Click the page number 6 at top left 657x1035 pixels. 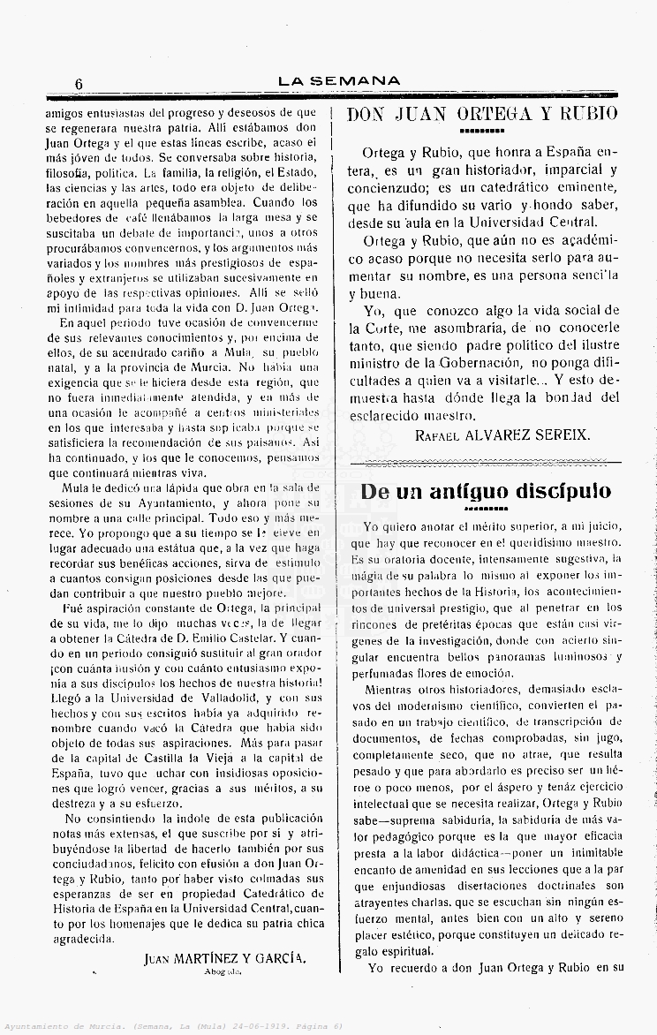click(x=79, y=83)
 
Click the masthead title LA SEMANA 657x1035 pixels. click(x=339, y=81)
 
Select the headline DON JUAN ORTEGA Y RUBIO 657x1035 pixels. click(x=482, y=114)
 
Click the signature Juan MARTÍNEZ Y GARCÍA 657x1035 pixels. click(x=224, y=957)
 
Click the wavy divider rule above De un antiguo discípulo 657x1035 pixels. click(x=487, y=462)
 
